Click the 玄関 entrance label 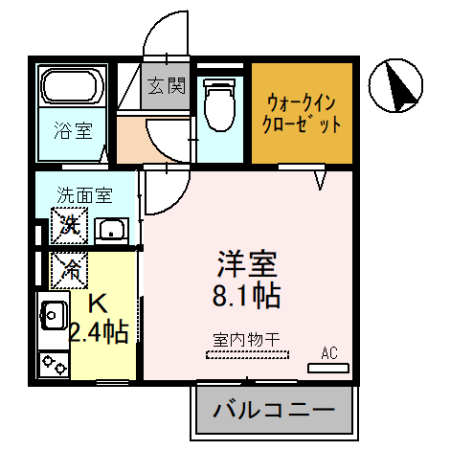[x=168, y=87]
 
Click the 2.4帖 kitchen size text [x=97, y=332]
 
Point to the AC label [x=329, y=352]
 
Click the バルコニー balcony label [x=272, y=411]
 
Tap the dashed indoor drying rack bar [x=246, y=353]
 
